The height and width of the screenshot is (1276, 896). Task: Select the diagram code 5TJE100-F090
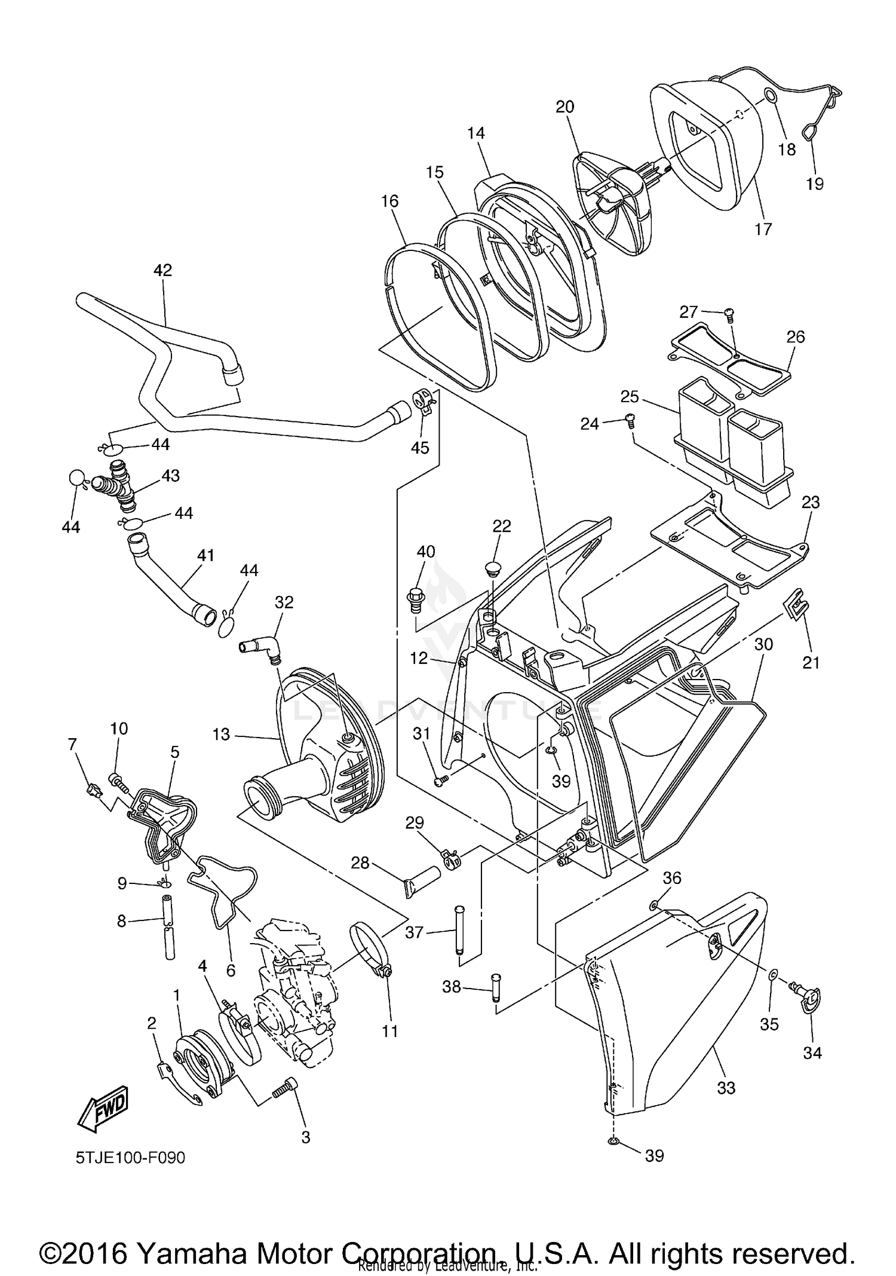pyautogui.click(x=130, y=1158)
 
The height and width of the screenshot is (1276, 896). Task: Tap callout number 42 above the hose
pyautogui.click(x=162, y=270)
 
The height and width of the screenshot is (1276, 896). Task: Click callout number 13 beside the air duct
pyautogui.click(x=221, y=734)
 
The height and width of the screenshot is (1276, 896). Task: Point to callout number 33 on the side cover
pyautogui.click(x=726, y=1088)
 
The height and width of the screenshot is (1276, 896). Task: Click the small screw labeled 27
pyautogui.click(x=728, y=313)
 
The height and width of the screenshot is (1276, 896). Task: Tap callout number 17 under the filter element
pyautogui.click(x=763, y=229)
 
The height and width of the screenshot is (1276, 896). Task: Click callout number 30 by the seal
pyautogui.click(x=763, y=644)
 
